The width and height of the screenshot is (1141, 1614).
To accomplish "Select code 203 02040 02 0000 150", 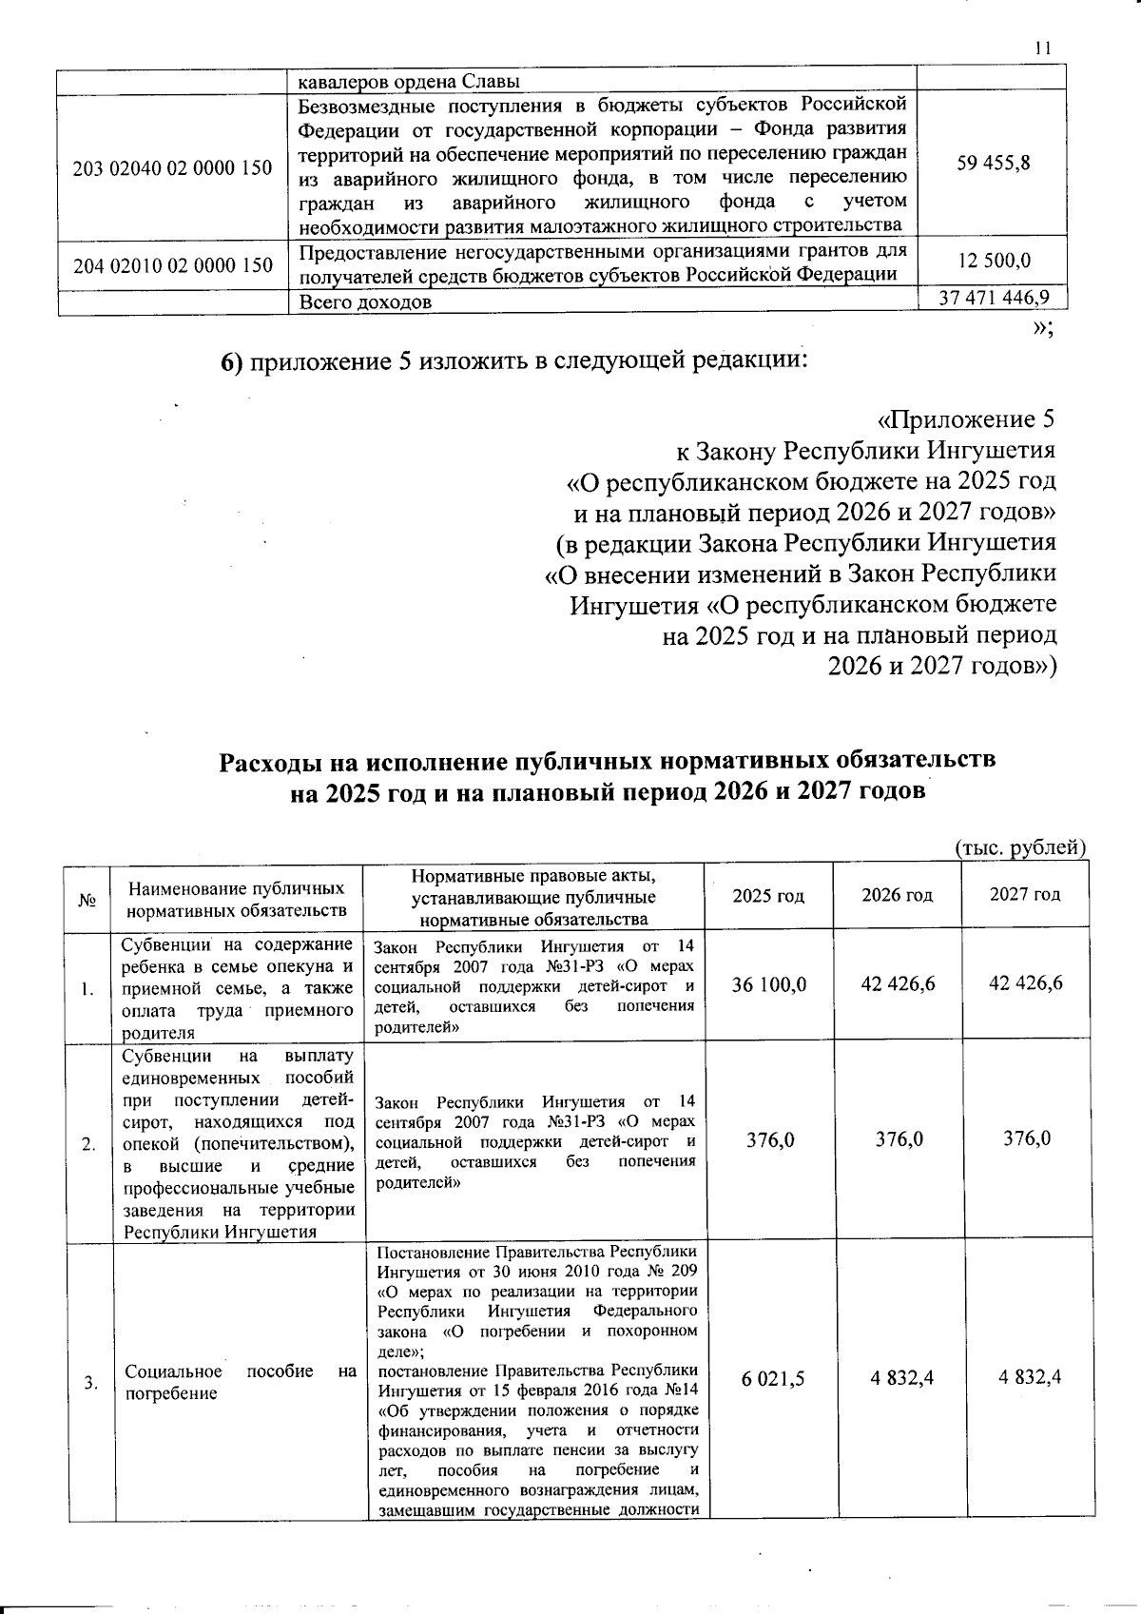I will tap(173, 168).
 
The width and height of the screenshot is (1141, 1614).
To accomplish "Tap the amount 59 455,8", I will tap(994, 163).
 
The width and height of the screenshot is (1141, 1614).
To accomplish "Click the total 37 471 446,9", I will tap(994, 298).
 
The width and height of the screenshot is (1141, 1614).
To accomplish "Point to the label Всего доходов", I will tap(365, 302).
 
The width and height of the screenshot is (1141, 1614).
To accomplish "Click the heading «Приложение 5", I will tap(964, 419).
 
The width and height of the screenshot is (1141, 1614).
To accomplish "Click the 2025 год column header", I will tap(768, 895).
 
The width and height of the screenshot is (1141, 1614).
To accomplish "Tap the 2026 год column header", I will tap(897, 895).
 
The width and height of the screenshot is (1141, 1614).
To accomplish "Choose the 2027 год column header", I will tap(1025, 895).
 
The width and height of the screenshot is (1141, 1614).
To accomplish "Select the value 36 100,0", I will tap(769, 983).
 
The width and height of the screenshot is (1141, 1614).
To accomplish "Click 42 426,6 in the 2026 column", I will tap(898, 983).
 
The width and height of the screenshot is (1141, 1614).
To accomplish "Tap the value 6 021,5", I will tap(769, 1377).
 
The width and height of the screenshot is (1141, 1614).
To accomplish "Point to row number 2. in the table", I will tap(87, 1144).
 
